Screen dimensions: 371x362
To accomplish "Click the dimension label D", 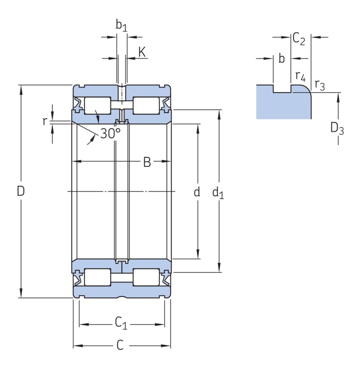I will pos(21,191).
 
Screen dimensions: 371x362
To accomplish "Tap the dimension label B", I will pos(147,162).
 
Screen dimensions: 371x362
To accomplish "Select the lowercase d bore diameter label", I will pos(197,191).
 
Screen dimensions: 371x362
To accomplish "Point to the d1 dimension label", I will pos(218,192).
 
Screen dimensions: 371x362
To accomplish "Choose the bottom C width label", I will pos(120,345).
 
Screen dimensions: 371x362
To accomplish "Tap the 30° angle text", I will pos(110,133).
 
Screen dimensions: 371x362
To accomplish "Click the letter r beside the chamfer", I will pos(45,121).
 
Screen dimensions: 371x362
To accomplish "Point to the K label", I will pos(142,52).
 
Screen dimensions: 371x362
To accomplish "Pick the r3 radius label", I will pos(320,85).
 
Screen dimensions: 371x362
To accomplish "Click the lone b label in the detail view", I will pos(281,59).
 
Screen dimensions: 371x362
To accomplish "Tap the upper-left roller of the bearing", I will pos(97,105).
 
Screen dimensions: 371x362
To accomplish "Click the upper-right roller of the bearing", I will pos(146,105).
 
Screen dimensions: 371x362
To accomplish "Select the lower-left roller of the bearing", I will pos(97,277).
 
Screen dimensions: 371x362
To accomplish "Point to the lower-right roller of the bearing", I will pos(146,277).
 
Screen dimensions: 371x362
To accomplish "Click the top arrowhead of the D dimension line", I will pos(21,88).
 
